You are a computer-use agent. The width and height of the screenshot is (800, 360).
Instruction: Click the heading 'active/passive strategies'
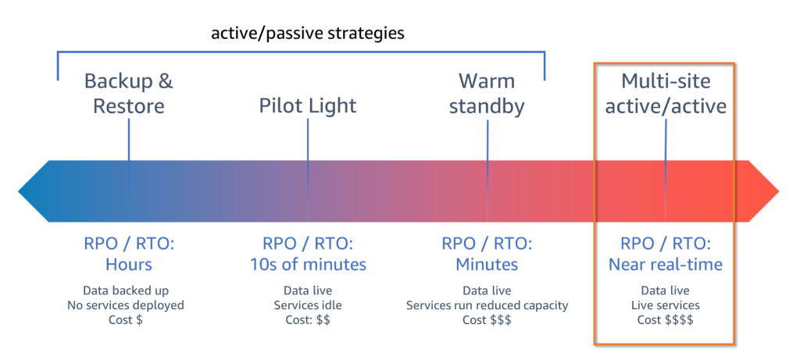click(x=307, y=34)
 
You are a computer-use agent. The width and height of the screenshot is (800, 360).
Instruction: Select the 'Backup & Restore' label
click(x=129, y=93)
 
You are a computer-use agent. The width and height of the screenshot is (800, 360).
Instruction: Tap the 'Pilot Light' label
click(x=308, y=105)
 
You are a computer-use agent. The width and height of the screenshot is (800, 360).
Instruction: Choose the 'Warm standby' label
click(x=487, y=93)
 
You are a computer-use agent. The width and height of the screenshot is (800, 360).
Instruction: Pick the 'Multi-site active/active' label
click(x=666, y=93)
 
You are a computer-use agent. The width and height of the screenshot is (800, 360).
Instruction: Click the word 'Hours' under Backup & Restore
click(x=129, y=264)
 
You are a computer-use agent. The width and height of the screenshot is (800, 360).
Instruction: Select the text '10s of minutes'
click(x=308, y=264)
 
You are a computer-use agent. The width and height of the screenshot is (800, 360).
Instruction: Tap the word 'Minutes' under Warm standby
click(x=487, y=264)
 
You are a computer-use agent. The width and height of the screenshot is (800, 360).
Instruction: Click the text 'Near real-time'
click(x=666, y=264)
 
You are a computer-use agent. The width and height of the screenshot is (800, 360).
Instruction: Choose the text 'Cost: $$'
click(x=308, y=320)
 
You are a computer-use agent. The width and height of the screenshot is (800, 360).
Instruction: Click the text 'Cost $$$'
click(x=487, y=320)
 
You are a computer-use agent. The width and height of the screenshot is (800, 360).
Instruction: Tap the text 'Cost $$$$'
click(x=666, y=320)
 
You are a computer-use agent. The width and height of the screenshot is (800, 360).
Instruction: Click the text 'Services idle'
click(x=308, y=305)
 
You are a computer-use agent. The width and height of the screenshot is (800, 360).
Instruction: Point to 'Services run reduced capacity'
click(x=487, y=305)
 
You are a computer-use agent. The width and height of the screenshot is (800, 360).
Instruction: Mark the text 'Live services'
click(x=666, y=305)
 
